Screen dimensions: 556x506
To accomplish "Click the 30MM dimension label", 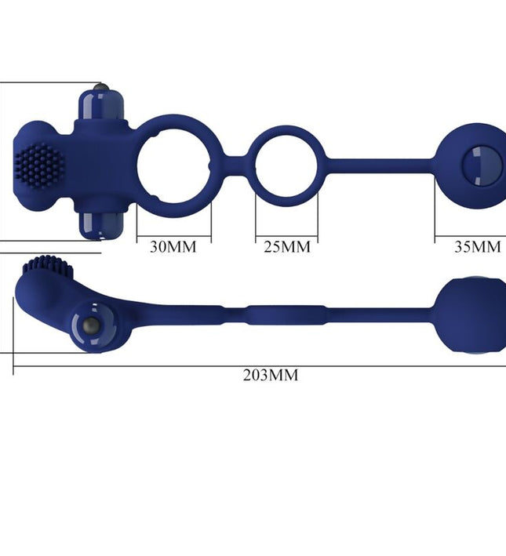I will point(173,247).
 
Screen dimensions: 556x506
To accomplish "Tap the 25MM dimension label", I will point(287,247).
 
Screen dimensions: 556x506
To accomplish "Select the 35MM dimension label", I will point(477,247).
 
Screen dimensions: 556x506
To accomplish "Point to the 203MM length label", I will point(271,375).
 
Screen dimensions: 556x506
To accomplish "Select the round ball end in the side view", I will point(469,316).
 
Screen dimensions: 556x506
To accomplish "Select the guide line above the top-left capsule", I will point(47,81).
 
